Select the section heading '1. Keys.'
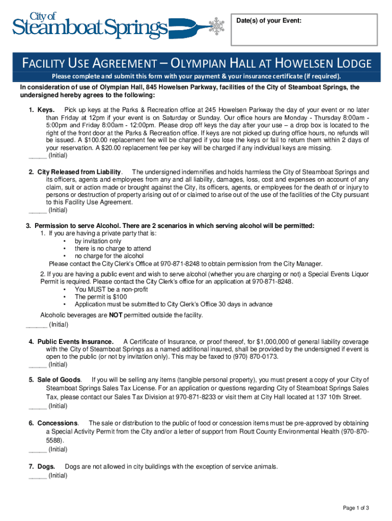(x=42, y=110)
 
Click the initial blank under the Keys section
(x=38, y=156)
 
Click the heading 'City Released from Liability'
(x=79, y=172)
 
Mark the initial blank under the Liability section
(x=38, y=210)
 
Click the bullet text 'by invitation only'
(x=98, y=241)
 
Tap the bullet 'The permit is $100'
(x=101, y=297)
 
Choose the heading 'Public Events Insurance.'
(x=75, y=341)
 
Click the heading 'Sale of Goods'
(x=59, y=380)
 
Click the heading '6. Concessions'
(x=53, y=423)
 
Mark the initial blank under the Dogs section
(x=38, y=476)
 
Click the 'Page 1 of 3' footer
(x=356, y=508)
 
